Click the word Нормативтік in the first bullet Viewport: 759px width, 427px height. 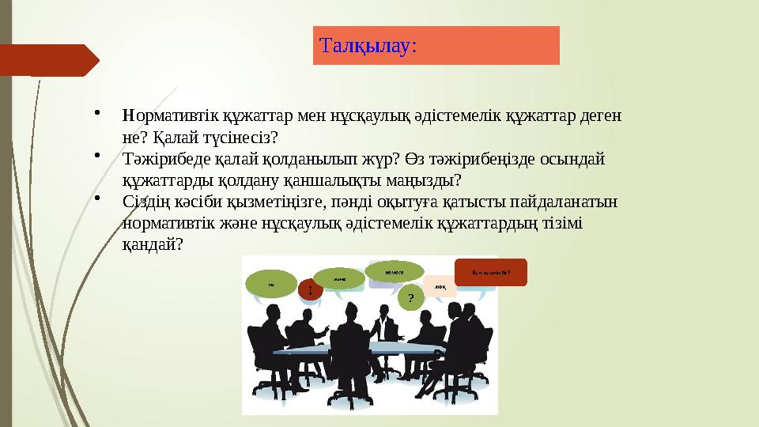(165, 115)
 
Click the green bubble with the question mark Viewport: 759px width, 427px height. (410, 297)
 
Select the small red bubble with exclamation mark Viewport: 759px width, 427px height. (311, 291)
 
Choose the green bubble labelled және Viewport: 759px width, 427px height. (340, 278)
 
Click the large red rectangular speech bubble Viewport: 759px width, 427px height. (490, 272)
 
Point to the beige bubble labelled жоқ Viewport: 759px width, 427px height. (440, 285)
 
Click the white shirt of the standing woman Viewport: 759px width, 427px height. (387, 327)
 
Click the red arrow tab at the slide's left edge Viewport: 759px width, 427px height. (47, 60)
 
